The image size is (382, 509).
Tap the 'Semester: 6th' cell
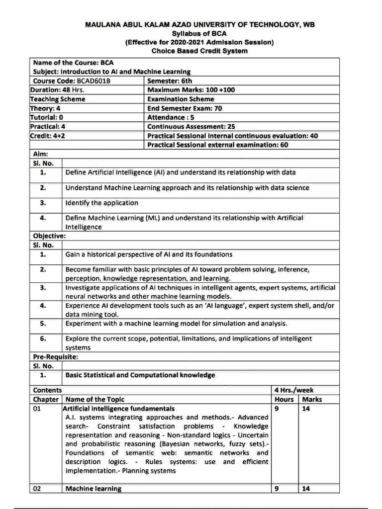pos(170,81)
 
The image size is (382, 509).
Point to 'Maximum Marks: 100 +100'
pos(191,90)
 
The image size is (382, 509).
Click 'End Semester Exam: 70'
pos(185,108)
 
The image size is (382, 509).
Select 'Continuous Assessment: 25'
pos(191,126)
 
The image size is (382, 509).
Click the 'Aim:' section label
pos(40,154)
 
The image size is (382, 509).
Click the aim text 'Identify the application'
pos(102,203)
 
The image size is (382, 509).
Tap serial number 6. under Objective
pos(43,339)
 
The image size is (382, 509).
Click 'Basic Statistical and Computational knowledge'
pos(140,375)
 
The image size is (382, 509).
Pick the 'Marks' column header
pos(312,399)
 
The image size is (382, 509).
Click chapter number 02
pos(38,488)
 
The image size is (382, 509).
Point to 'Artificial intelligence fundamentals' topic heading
pos(119,408)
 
